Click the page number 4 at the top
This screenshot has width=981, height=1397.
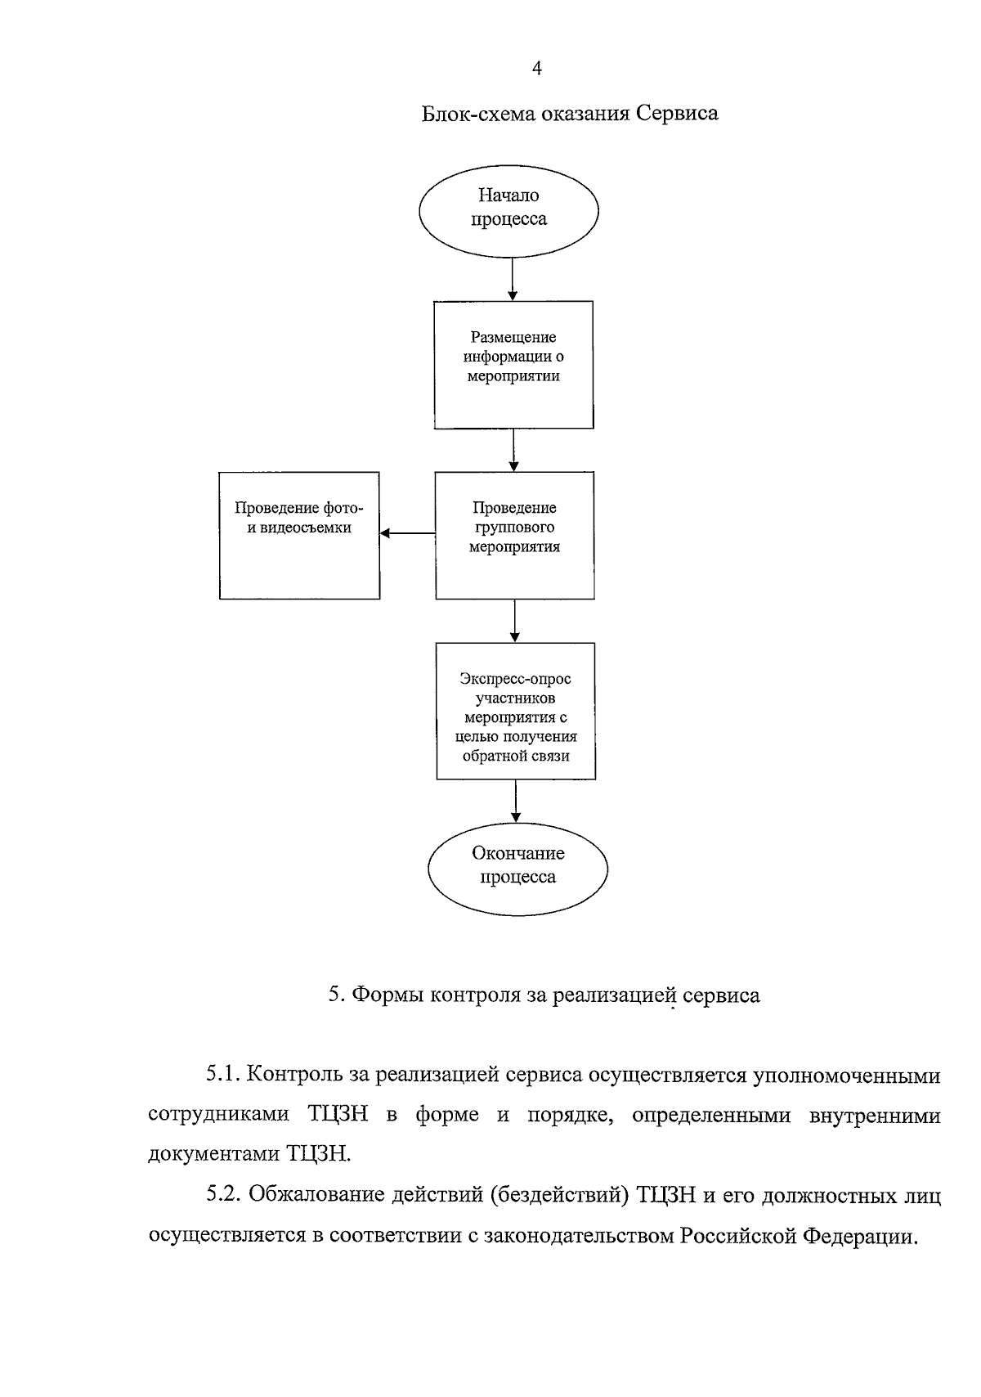coord(537,70)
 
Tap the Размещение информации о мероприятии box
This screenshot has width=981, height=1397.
coord(513,365)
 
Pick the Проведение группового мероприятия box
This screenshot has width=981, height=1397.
coord(514,536)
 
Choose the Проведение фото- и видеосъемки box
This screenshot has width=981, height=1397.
coord(299,536)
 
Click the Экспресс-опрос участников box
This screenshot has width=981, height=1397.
coord(515,711)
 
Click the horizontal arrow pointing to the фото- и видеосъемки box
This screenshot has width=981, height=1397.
coord(407,534)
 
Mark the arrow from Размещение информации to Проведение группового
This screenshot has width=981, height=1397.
coord(513,450)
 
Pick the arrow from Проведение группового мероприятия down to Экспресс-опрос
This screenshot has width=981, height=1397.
coord(515,621)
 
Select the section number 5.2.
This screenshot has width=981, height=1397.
coord(223,1195)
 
